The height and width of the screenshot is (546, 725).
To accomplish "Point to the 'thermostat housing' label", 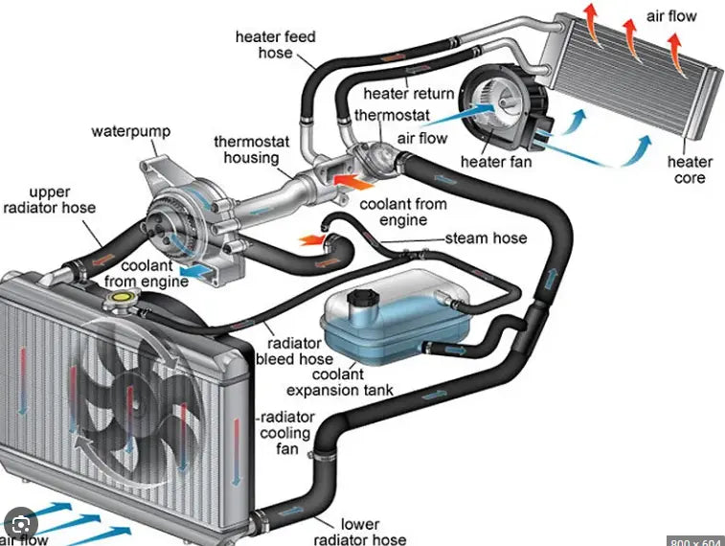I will coord(246,150).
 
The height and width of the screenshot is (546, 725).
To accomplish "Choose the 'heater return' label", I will coord(408,93).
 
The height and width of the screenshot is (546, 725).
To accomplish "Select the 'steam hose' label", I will coord(486,238).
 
